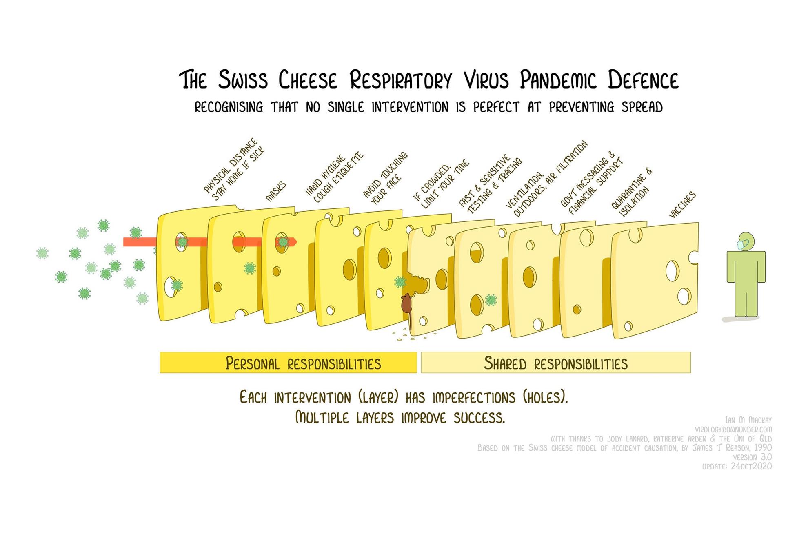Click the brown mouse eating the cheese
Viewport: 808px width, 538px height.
[x=406, y=304]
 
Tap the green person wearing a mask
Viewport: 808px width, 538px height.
[x=746, y=277]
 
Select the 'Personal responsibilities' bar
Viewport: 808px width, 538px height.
[x=288, y=363]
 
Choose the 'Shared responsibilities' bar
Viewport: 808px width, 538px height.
[x=555, y=363]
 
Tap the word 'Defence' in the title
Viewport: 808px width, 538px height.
[x=643, y=80]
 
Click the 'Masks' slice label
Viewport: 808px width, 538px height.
[x=276, y=191]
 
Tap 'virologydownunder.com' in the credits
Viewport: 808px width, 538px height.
[x=733, y=430]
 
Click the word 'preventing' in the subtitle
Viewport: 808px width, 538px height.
[x=582, y=107]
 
